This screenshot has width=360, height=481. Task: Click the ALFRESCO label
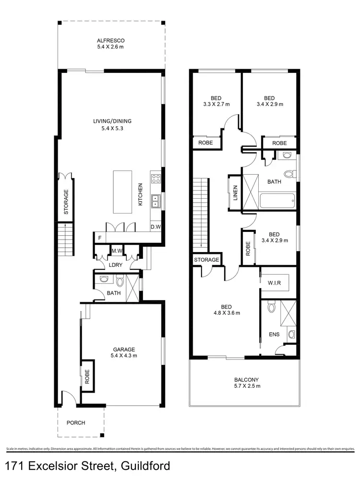[110, 41]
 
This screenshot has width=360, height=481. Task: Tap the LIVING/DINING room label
[112, 121]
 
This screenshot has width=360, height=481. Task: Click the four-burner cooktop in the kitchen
[156, 179]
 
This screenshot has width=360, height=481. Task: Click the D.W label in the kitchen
[156, 227]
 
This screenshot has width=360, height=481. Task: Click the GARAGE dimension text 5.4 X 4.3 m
[124, 356]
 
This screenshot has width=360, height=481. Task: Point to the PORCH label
[76, 423]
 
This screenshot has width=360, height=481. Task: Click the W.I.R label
[274, 284]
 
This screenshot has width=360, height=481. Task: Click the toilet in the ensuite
[271, 306]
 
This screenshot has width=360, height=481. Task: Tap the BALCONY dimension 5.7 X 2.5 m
[245, 385]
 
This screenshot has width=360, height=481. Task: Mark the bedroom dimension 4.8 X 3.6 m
[226, 313]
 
